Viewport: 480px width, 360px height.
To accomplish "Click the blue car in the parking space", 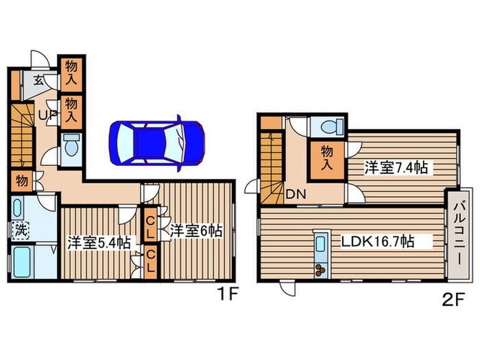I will click(157, 142).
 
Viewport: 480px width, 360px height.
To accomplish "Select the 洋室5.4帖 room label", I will click(98, 242).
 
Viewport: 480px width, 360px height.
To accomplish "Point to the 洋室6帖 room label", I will click(196, 231).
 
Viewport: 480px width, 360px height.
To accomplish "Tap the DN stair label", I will click(296, 194).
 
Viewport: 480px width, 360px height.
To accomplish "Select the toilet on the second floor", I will click(328, 128).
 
